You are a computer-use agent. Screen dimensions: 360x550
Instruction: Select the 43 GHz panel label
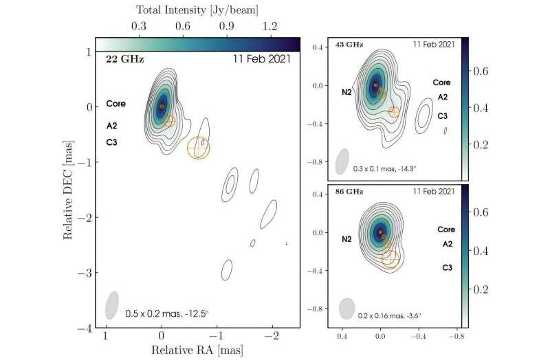(x=350, y=45)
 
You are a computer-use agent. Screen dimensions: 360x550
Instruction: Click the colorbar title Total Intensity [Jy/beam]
(x=197, y=10)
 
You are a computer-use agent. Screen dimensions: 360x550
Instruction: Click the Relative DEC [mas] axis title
(x=69, y=188)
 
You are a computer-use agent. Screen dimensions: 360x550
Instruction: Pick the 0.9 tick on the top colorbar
(x=226, y=26)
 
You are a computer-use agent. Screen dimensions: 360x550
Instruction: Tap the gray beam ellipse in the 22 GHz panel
(x=111, y=305)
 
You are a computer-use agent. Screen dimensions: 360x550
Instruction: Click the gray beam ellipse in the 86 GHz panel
(x=346, y=308)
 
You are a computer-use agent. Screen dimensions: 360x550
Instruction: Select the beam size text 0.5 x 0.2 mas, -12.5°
(x=167, y=314)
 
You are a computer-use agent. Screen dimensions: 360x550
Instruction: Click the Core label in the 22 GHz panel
(x=115, y=104)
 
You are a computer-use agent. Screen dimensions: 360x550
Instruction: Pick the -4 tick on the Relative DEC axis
(x=89, y=328)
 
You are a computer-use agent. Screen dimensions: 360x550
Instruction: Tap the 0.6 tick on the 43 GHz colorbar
(x=484, y=71)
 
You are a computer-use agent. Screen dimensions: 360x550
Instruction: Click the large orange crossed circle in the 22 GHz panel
(x=199, y=147)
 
